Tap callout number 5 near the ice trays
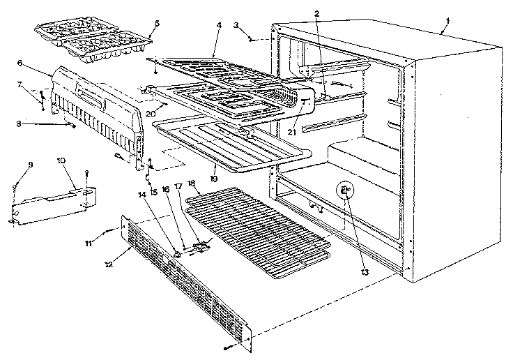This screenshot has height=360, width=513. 157,23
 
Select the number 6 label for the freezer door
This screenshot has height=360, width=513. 20,62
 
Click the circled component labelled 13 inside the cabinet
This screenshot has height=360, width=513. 345,190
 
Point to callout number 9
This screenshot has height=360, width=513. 31,165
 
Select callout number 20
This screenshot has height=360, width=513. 151,114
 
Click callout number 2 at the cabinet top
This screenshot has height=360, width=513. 316,13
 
